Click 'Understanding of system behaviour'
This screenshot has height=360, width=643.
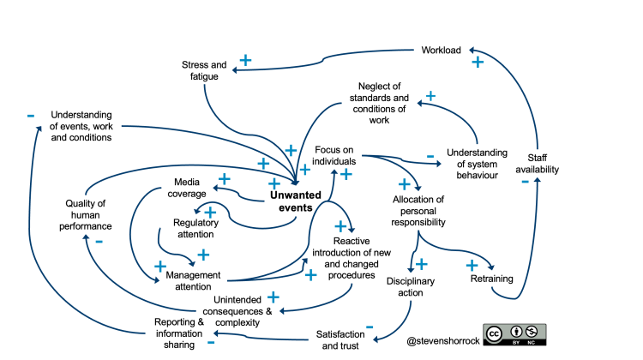(x=477, y=164)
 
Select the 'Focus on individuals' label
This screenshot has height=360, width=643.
(x=334, y=157)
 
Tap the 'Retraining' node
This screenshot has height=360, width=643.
(x=491, y=279)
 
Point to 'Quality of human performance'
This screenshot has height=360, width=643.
(x=89, y=215)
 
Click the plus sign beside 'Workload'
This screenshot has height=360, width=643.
(x=478, y=62)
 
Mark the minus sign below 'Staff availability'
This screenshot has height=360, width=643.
(x=524, y=182)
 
